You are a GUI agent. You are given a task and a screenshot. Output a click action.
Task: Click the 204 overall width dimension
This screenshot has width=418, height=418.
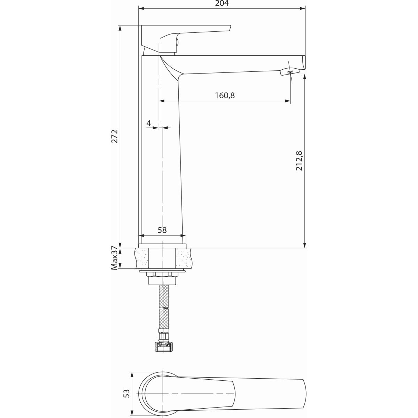222,3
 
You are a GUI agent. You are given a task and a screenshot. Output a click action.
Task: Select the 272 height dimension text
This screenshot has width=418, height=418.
114,136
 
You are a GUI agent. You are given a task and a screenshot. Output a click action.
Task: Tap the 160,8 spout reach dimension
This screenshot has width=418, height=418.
225,95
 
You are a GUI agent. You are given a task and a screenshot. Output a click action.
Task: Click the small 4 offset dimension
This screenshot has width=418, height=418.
149,123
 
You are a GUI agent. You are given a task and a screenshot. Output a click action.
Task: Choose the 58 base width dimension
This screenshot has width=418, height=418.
162,230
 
